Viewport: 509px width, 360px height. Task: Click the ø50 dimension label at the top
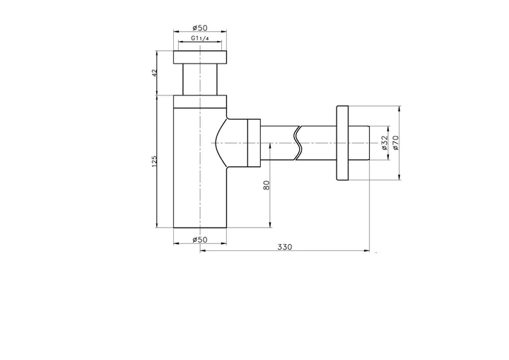pos(200,28)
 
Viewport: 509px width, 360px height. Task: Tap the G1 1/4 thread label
pos(200,38)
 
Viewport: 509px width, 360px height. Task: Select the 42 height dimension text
pos(154,72)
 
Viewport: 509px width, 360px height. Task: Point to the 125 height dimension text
pos(154,161)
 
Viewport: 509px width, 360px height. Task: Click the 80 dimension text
pos(267,185)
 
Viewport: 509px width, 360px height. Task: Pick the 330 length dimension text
pos(285,247)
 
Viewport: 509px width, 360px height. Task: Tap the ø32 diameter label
pos(385,143)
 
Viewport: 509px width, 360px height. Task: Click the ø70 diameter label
pos(395,143)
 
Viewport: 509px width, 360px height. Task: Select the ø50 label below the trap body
pos(200,240)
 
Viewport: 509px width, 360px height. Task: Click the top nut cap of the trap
pos(200,57)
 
